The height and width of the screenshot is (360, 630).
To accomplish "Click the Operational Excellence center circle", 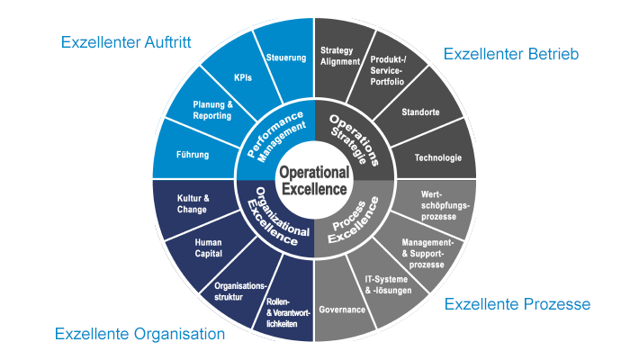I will tap(313, 180).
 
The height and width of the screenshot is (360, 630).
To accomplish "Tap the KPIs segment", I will tap(243, 77).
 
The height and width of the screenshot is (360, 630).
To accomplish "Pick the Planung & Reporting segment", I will tap(212, 110).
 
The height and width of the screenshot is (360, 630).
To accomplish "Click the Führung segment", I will tap(193, 154).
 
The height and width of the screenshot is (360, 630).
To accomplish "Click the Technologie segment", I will tap(437, 158).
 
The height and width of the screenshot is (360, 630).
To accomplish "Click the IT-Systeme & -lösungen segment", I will tap(388, 286).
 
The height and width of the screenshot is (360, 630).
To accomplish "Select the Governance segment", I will tap(342, 309).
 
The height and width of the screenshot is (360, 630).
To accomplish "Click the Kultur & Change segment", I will tap(193, 203).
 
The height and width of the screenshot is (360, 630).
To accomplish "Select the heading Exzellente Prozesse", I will tap(517, 304).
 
